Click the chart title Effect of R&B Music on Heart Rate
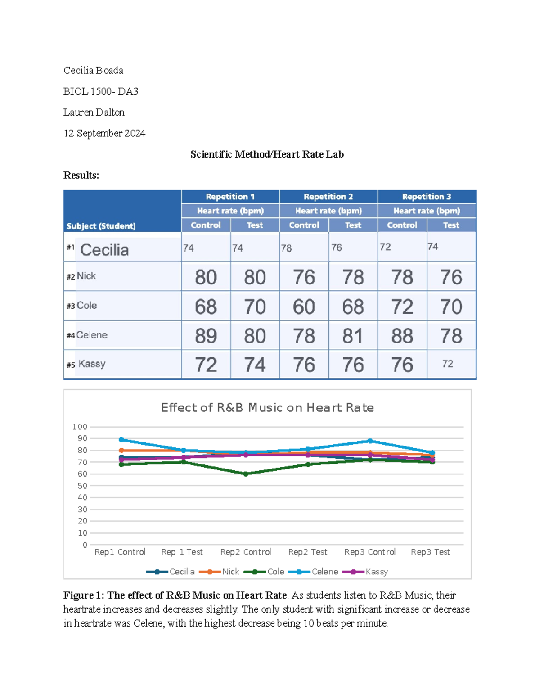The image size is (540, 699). tap(267, 408)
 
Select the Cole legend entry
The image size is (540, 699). tap(275, 572)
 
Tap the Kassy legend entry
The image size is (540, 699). tap(376, 572)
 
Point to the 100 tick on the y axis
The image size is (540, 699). tap(80, 427)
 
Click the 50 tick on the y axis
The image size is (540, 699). tap(82, 486)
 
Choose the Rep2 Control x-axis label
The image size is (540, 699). tap(245, 552)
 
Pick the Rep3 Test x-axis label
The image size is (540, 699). tap(430, 552)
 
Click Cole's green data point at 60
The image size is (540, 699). tap(246, 474)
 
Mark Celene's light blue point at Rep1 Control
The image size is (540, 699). tap(121, 440)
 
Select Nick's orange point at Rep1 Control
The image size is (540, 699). tap(121, 451)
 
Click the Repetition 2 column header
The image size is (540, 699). tap(328, 197)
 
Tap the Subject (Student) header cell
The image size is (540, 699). tap(101, 226)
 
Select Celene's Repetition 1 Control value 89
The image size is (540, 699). tap(206, 336)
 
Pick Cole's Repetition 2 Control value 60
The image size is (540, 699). tap(304, 307)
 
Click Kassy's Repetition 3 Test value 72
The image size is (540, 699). tap(447, 364)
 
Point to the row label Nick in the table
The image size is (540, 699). tap(86, 276)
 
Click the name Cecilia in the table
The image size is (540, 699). tap(104, 250)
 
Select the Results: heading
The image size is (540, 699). tap(81, 176)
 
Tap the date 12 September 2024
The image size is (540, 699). tap(104, 133)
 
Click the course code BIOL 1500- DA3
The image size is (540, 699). tap(101, 91)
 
